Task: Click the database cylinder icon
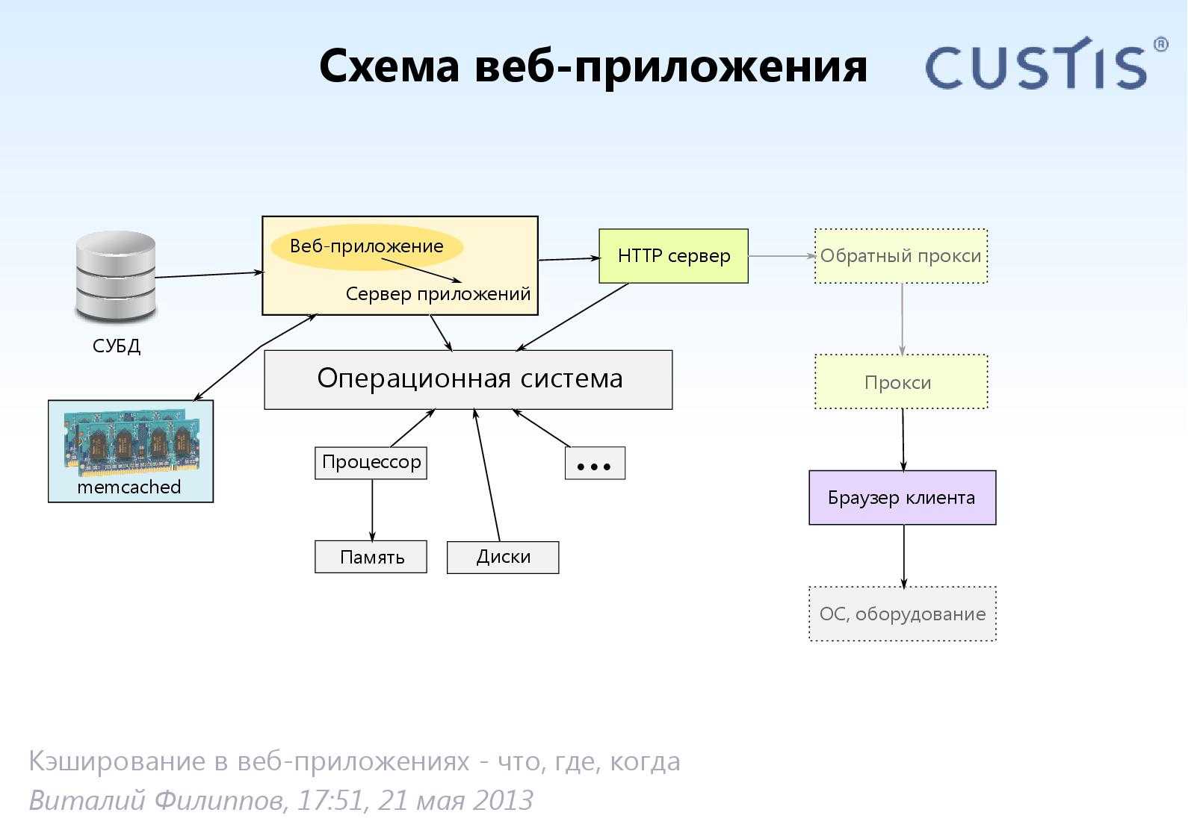(x=116, y=277)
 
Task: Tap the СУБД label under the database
(x=116, y=346)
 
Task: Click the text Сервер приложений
(x=438, y=294)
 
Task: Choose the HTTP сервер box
(x=673, y=256)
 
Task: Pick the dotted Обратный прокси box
(x=900, y=256)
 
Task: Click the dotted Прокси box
(x=900, y=382)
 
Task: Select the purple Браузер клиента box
(x=902, y=498)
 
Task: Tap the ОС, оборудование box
(x=902, y=614)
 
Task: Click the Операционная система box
(x=468, y=379)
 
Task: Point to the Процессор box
(x=371, y=463)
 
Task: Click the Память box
(x=371, y=558)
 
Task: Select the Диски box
(x=502, y=558)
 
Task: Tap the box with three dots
(x=594, y=464)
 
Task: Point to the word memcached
(x=129, y=487)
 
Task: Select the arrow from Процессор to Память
(x=372, y=510)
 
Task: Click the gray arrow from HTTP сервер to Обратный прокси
(x=781, y=256)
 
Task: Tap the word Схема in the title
(x=389, y=66)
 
